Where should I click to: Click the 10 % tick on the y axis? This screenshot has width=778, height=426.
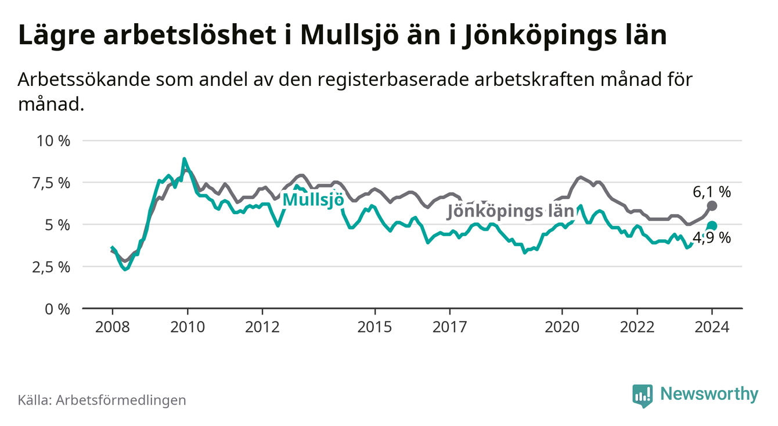(x=53, y=141)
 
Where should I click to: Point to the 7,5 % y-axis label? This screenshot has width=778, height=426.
(x=52, y=183)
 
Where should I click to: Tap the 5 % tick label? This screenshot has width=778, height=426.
(x=57, y=225)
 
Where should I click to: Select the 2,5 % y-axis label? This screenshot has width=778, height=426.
(x=52, y=268)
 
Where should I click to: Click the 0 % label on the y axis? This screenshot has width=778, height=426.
(x=57, y=309)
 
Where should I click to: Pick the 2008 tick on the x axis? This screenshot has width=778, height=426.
(x=112, y=327)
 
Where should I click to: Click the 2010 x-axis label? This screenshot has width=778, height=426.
(x=187, y=327)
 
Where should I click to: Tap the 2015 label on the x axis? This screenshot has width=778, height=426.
(x=374, y=327)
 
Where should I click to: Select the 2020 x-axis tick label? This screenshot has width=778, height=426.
(x=562, y=327)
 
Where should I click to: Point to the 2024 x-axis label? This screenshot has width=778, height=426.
(x=712, y=327)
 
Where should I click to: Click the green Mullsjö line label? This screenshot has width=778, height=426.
(x=314, y=200)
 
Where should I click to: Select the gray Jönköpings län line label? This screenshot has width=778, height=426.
(x=510, y=211)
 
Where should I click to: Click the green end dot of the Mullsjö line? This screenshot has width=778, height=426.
(x=712, y=226)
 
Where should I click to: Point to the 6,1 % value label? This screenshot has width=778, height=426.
(x=712, y=192)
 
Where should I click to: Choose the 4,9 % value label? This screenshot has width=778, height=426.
(x=712, y=238)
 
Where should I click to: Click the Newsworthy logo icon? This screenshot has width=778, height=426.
(x=643, y=396)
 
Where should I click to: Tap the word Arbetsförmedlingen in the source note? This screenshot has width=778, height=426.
(x=121, y=400)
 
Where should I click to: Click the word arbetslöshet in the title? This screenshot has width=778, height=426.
(x=190, y=35)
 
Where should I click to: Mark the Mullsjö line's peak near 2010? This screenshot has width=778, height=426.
(x=184, y=158)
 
